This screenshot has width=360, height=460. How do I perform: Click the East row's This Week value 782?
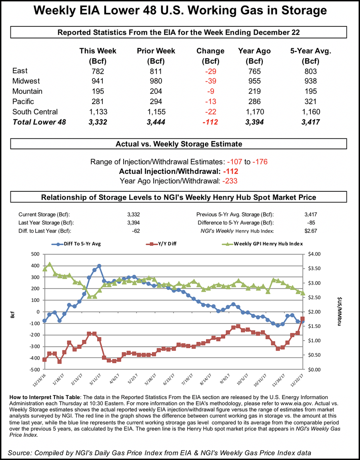click(98, 71)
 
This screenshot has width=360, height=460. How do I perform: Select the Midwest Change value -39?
click(210, 81)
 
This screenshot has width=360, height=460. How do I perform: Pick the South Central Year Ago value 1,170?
click(254, 112)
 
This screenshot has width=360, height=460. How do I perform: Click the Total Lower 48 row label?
click(39, 122)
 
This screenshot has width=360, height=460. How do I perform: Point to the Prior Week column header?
click(156, 51)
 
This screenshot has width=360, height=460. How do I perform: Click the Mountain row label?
click(27, 91)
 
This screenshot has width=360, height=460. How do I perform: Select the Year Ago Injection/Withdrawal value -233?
click(228, 181)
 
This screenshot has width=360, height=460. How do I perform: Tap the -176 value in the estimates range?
click(260, 162)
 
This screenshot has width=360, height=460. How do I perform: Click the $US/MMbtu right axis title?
click(339, 311)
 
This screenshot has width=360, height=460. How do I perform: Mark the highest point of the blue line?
click(99, 266)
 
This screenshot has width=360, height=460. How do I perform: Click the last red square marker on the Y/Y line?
click(302, 319)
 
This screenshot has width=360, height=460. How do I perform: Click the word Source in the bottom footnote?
click(21, 452)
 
